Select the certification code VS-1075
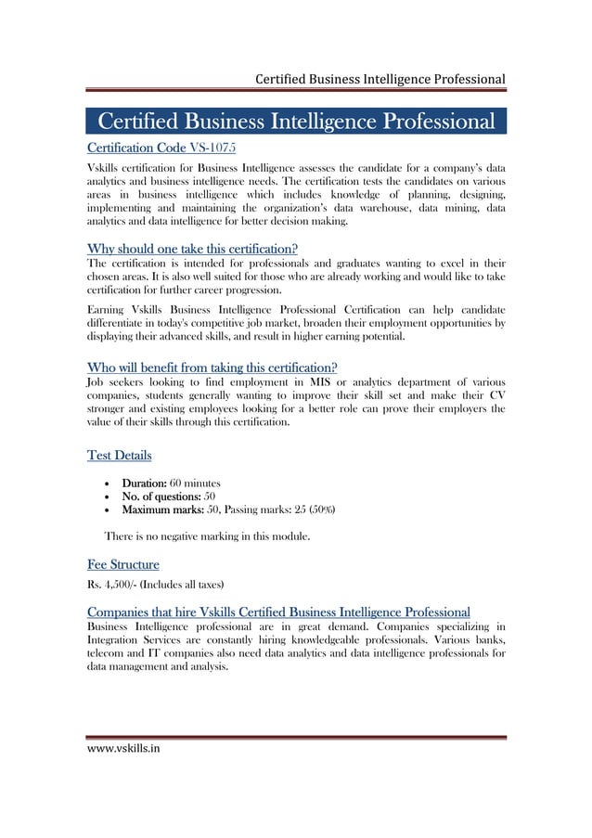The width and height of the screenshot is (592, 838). coord(217,148)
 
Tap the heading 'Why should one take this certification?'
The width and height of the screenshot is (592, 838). coord(192,249)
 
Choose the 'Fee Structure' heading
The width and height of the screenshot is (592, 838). coord(122,563)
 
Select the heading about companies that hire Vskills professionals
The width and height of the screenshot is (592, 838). coord(277,611)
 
